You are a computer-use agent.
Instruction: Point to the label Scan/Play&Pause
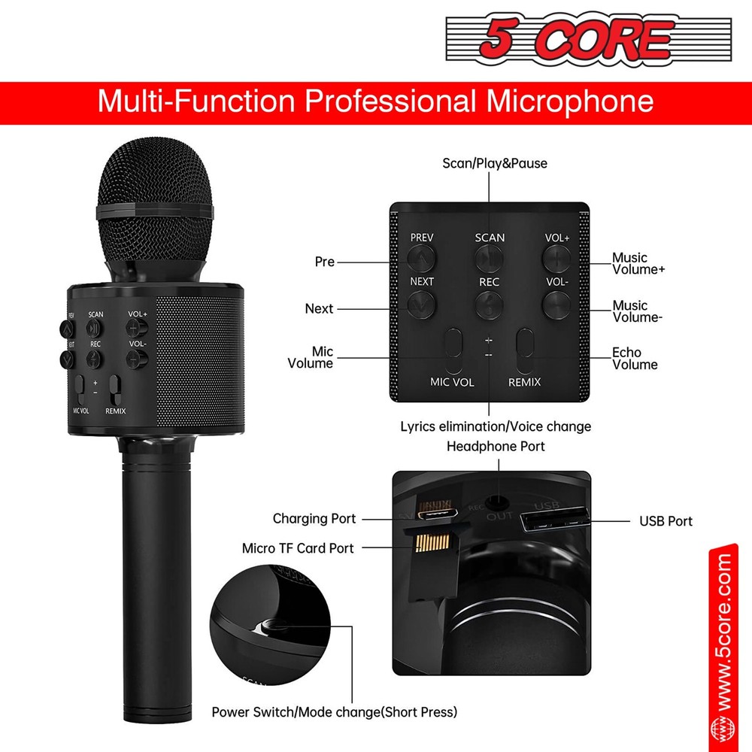pyautogui.click(x=494, y=163)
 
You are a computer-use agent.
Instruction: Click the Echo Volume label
pyautogui.click(x=635, y=359)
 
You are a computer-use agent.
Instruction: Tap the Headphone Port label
pyautogui.click(x=496, y=446)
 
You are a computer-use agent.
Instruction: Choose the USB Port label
pyautogui.click(x=666, y=520)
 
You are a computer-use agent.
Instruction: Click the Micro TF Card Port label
pyautogui.click(x=298, y=548)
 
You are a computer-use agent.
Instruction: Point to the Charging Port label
pyautogui.click(x=314, y=519)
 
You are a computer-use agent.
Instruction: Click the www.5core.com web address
pyautogui.click(x=723, y=632)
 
